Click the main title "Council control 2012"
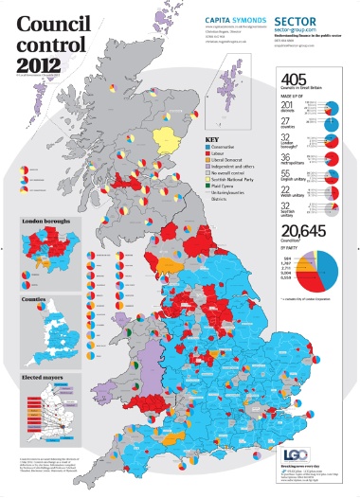pyautogui.click(x=50, y=38)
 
